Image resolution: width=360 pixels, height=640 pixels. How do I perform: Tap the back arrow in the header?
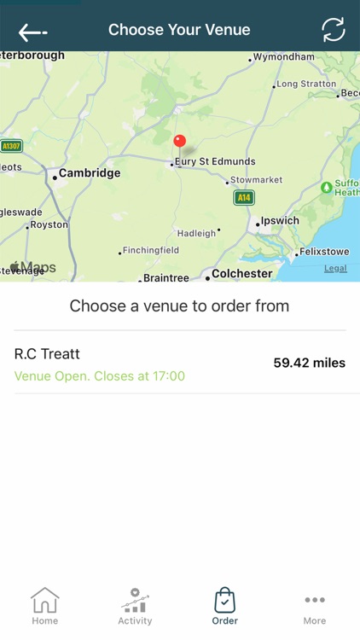point(32,32)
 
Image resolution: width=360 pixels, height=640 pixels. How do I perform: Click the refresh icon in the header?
point(334,30)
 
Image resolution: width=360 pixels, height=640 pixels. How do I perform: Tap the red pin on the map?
point(179,142)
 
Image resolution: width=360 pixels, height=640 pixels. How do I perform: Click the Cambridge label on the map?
point(89,173)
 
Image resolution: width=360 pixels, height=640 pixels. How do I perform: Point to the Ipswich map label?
point(280,221)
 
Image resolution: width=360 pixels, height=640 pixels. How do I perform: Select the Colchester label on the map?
point(241,274)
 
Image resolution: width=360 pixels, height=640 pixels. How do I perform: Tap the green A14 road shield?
point(244,198)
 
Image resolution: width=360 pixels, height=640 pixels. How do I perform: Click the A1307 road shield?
point(11,146)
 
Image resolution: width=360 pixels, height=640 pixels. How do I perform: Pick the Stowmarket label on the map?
point(258,181)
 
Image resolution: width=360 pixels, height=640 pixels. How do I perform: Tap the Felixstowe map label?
point(322,253)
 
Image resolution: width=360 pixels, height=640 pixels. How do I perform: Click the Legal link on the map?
point(335,268)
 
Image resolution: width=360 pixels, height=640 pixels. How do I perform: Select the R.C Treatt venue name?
point(48,354)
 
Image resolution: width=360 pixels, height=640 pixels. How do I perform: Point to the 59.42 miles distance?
point(309,363)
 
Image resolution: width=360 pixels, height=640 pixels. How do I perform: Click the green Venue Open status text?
point(100,376)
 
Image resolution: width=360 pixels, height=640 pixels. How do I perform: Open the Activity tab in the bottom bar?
point(135,607)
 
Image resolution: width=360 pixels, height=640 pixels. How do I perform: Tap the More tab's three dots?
point(315,600)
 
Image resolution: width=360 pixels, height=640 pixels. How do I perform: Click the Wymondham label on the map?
point(285,57)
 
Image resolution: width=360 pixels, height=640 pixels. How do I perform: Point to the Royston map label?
point(49,225)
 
